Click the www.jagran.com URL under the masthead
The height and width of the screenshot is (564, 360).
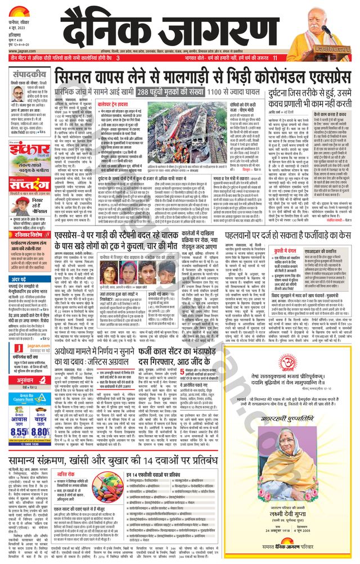point(20,49)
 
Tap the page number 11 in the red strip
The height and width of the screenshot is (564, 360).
point(274,58)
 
